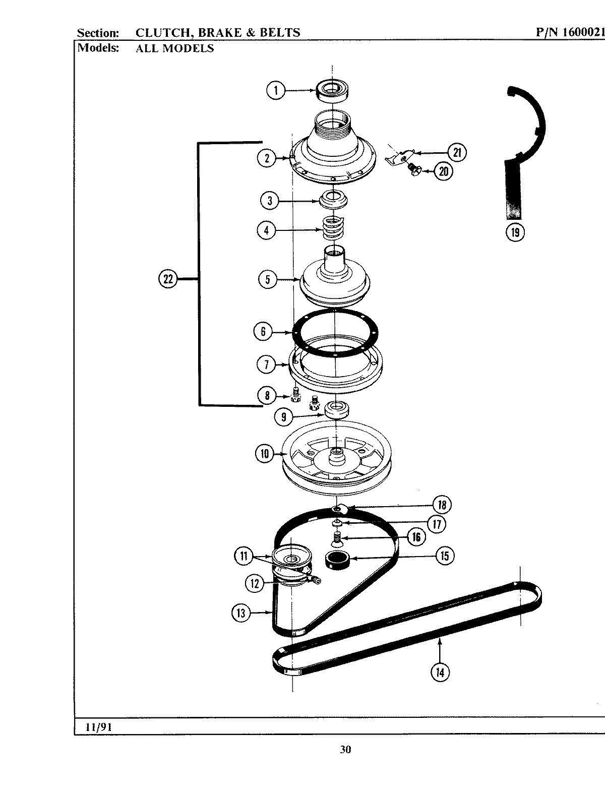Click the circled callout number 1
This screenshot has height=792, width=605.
point(275,91)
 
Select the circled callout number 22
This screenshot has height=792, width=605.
point(168,279)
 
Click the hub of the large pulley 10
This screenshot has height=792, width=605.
point(335,458)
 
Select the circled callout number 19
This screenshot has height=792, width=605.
point(515,232)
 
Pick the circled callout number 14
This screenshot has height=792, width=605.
point(440,672)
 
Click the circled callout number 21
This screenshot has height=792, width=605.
point(457,152)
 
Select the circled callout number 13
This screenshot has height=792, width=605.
point(240,613)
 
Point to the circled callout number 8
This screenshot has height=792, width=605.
point(267,395)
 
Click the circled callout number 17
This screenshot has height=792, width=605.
point(436,524)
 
